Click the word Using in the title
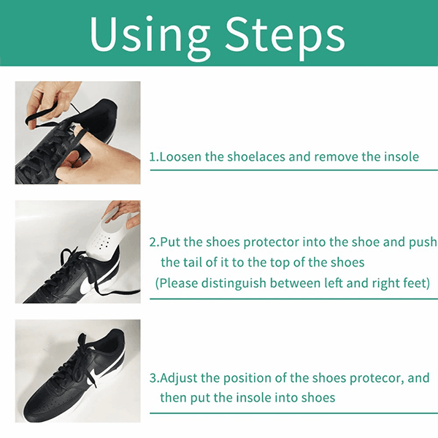pos(150,36)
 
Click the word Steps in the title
pos(285,36)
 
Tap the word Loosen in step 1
pos(180,157)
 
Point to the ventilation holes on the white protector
pos(101,241)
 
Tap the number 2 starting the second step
pos(153,242)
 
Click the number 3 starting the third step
pos(153,378)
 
